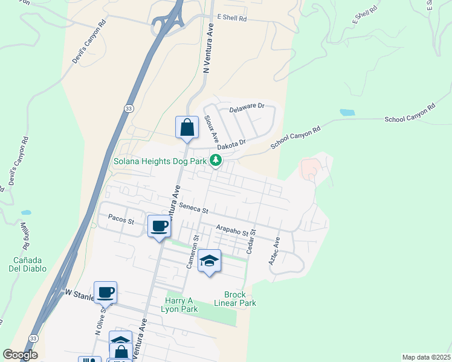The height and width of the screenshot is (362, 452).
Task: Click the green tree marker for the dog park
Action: pos(215,160)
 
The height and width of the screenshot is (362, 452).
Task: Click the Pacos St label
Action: pos(121,221)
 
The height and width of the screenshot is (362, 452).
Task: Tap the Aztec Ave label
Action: pos(274,249)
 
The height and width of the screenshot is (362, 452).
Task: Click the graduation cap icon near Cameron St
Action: pos(209,260)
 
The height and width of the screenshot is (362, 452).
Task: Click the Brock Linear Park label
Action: pos(240,299)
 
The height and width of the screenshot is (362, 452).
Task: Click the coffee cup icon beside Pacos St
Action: pos(160,226)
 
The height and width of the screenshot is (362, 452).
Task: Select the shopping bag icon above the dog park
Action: pos(187,127)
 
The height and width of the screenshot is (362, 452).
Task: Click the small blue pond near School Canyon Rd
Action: pos(347,112)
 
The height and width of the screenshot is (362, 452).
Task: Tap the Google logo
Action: pos(20,355)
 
